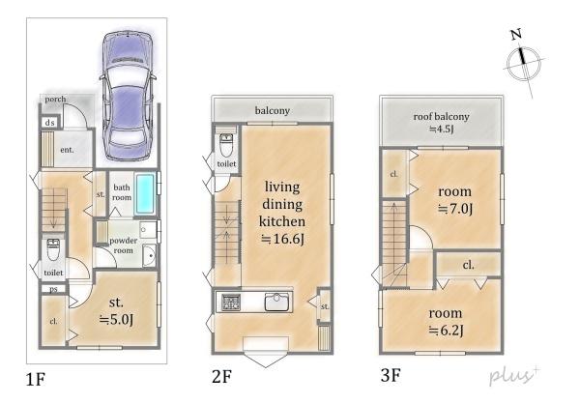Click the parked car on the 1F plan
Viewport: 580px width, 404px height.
(x=128, y=96)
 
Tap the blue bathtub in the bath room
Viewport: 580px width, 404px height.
(x=145, y=193)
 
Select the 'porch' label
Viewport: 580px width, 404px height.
(x=55, y=100)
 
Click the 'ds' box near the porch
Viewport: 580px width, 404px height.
(x=50, y=123)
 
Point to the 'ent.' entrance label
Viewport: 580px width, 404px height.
(x=67, y=150)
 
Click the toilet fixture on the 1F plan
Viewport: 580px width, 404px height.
(x=53, y=249)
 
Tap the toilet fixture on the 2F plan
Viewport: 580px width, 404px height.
(x=226, y=146)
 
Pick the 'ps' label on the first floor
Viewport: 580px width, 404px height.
(x=53, y=289)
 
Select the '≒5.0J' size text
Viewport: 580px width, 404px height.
(x=116, y=319)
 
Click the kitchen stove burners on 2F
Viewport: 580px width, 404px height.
(x=231, y=303)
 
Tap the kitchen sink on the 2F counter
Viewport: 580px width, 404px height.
(x=277, y=302)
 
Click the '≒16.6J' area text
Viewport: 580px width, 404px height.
(x=282, y=239)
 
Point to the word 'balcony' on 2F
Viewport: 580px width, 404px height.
(x=273, y=110)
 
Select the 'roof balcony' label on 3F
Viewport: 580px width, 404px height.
(x=442, y=117)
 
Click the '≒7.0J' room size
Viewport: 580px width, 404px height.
(x=455, y=209)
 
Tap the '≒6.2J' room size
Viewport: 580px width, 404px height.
(x=446, y=330)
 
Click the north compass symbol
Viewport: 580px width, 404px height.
(x=523, y=63)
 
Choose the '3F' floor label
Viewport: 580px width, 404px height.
(x=391, y=376)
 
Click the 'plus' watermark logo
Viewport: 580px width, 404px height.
(x=514, y=376)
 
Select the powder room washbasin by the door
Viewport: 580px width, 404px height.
(x=150, y=255)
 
